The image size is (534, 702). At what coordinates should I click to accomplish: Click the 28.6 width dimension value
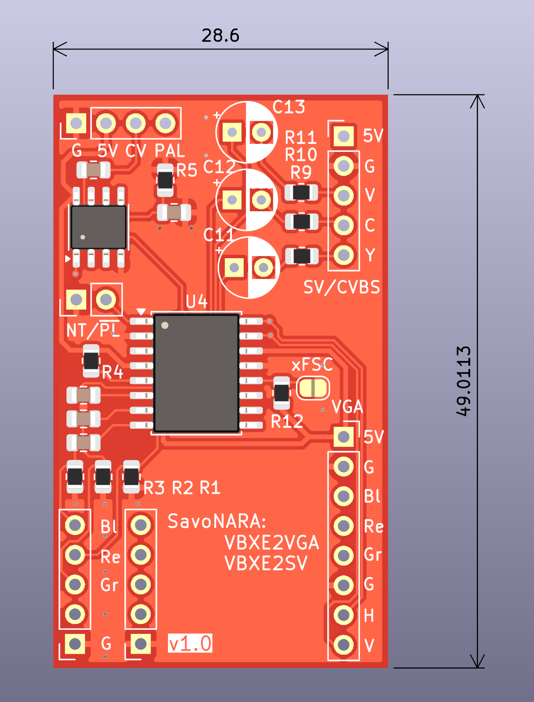[220, 35]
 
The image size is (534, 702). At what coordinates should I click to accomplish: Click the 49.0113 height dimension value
[464, 381]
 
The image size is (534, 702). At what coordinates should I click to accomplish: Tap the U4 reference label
[196, 302]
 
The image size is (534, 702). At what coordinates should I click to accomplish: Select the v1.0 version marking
[190, 644]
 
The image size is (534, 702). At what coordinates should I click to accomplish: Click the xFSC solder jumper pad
[313, 388]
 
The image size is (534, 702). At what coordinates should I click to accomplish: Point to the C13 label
[288, 107]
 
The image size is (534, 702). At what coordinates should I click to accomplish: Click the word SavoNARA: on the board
[217, 521]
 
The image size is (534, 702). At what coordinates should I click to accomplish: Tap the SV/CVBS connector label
[342, 287]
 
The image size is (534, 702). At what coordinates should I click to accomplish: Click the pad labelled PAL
[165, 123]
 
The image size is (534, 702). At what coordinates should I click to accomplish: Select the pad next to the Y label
[343, 255]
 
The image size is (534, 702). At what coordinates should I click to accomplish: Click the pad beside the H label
[343, 615]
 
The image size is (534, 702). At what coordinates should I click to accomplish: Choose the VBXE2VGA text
[272, 543]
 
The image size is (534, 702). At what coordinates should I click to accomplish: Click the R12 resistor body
[282, 393]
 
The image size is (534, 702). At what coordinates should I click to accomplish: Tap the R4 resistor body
[91, 361]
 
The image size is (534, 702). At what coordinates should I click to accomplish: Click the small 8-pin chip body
[99, 227]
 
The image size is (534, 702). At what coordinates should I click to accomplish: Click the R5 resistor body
[165, 180]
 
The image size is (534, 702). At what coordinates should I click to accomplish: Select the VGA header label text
[347, 407]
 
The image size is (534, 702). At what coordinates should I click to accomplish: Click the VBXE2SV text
[266, 563]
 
